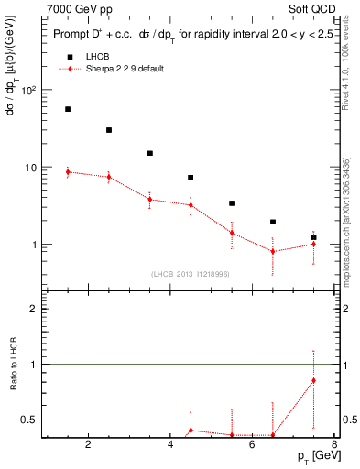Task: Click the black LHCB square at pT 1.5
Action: click(68, 109)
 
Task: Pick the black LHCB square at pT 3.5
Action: click(149, 153)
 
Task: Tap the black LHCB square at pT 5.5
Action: click(232, 203)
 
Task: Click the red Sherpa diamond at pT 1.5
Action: click(68, 171)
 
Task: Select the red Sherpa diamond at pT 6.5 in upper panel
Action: click(273, 251)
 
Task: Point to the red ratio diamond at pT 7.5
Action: click(314, 380)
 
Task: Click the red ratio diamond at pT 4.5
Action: click(191, 430)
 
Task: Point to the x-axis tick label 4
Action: click(170, 447)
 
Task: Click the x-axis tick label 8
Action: click(335, 447)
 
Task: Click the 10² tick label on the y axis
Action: click(27, 91)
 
